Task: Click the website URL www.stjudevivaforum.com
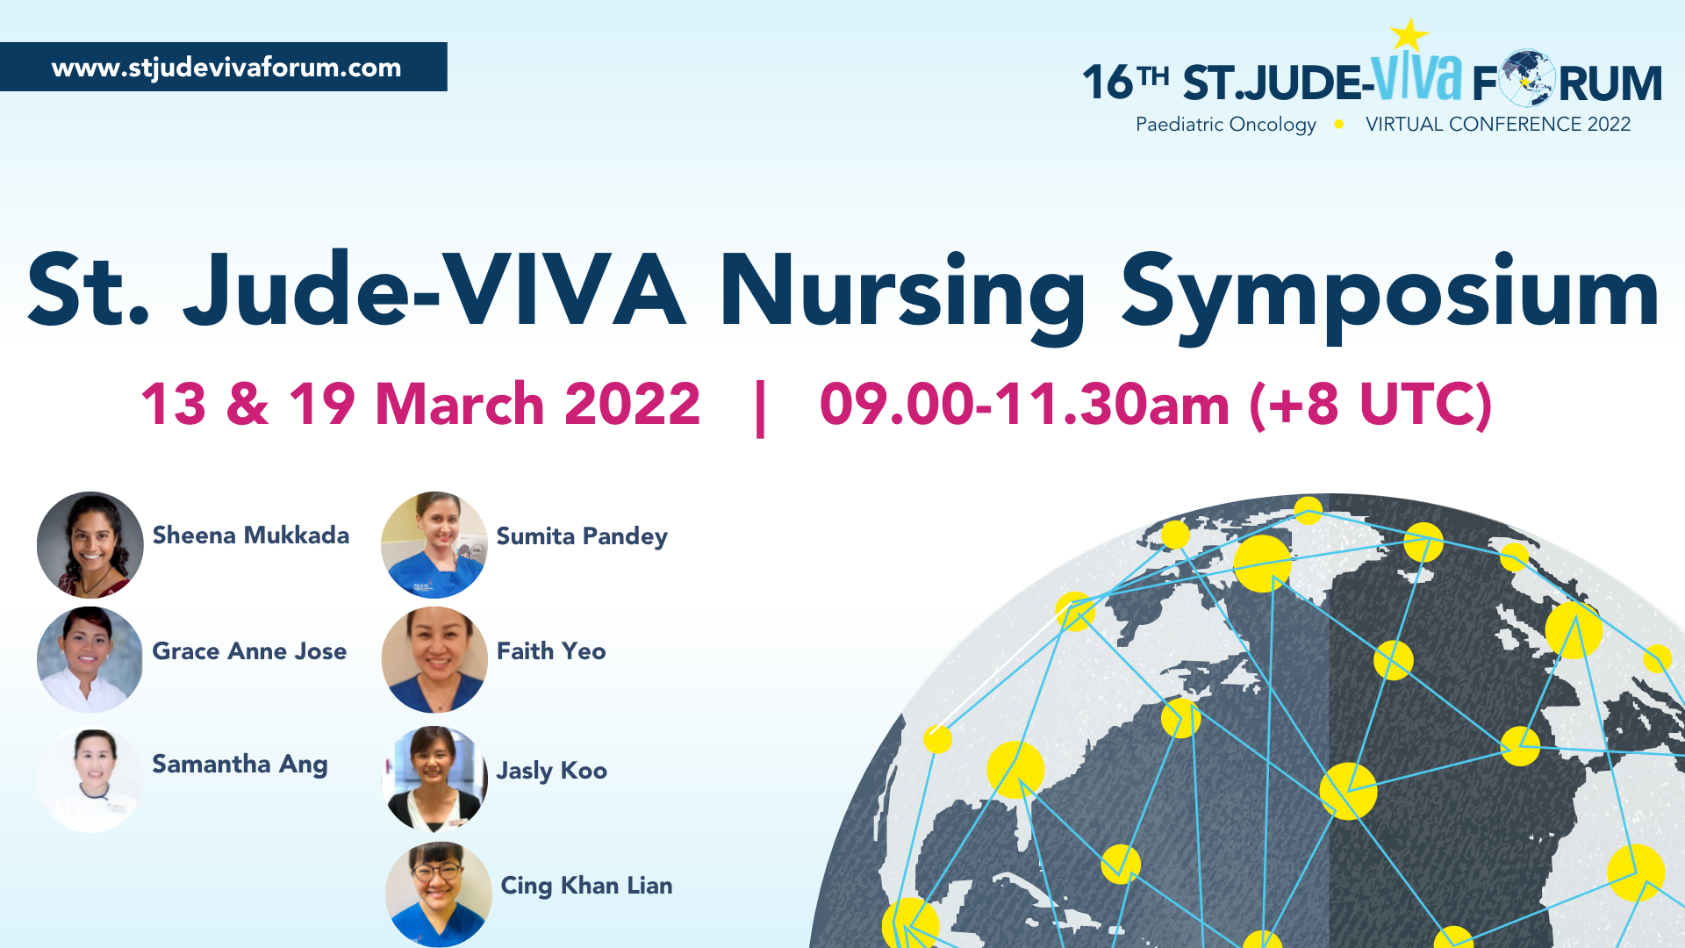point(226,68)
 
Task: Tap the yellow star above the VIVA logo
point(1409,35)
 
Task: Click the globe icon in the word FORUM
point(1527,79)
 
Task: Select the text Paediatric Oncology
point(1226,125)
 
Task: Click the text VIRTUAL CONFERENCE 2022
point(1498,125)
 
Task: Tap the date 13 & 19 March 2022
point(420,405)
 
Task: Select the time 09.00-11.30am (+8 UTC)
point(1156,406)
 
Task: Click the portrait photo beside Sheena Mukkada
point(90,545)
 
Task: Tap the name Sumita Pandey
point(582,536)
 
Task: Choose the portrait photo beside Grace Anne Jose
point(90,659)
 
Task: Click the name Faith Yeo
point(551,651)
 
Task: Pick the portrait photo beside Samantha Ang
point(90,779)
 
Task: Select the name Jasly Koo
point(552,771)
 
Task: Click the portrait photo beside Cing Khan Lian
point(439,894)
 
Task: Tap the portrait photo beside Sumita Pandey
point(434,545)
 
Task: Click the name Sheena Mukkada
point(251,535)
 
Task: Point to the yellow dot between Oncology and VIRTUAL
point(1339,125)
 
